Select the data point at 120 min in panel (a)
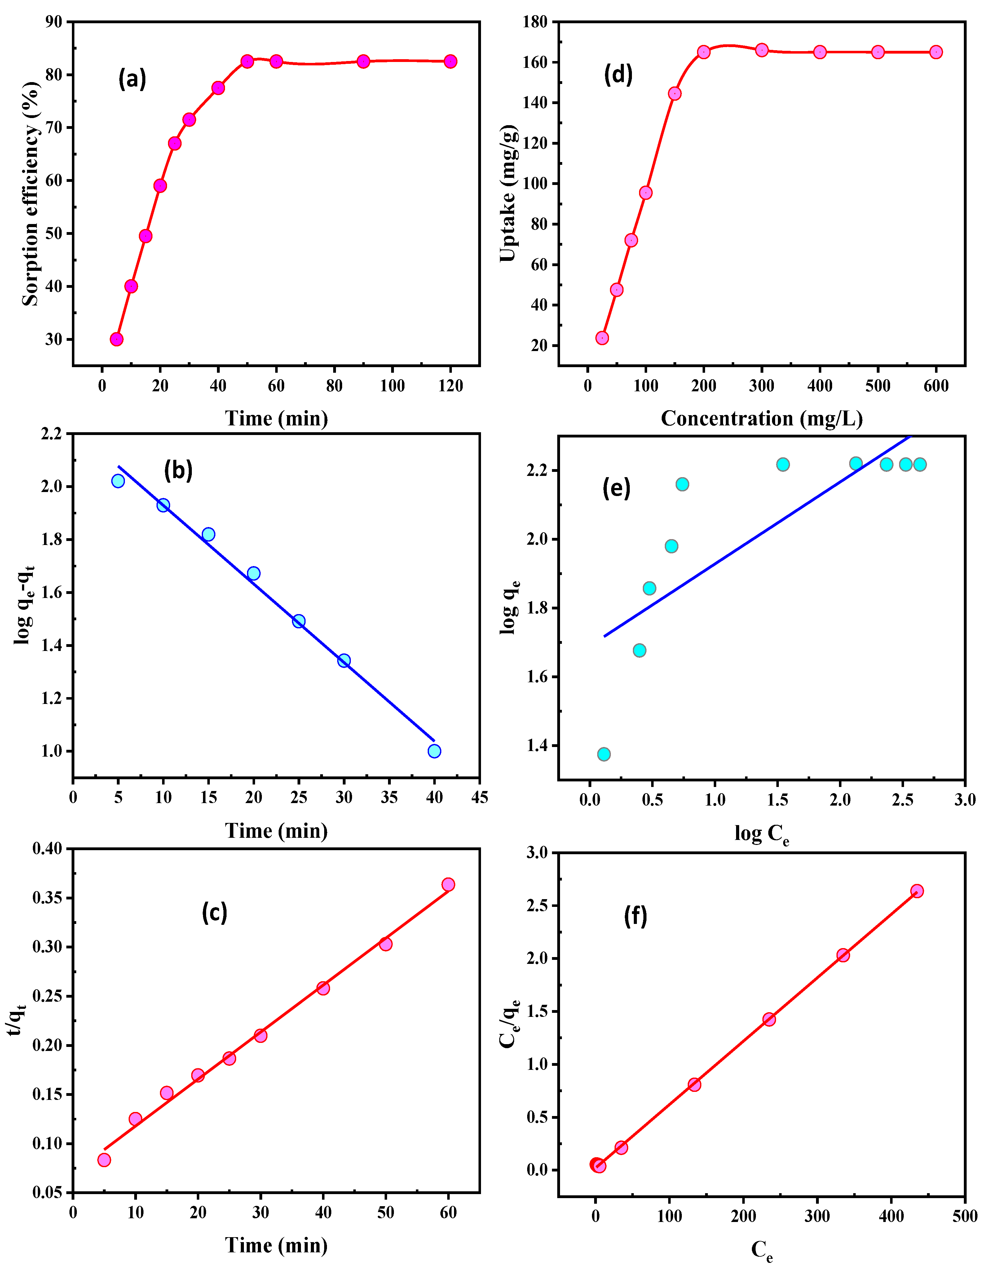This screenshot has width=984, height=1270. [x=450, y=62]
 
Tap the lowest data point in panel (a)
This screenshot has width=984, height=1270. [x=116, y=339]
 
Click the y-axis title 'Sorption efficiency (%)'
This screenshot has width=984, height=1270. [x=30, y=194]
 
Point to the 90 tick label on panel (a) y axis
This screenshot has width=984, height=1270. [x=54, y=22]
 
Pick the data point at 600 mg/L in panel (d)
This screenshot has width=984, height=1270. [x=936, y=52]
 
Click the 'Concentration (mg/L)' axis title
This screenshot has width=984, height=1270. [x=761, y=419]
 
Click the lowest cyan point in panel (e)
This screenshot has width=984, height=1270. [x=604, y=754]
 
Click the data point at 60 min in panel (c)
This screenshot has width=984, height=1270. [x=448, y=885]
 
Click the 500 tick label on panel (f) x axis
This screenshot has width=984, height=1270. [x=964, y=1216]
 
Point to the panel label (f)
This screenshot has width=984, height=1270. [x=635, y=917]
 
